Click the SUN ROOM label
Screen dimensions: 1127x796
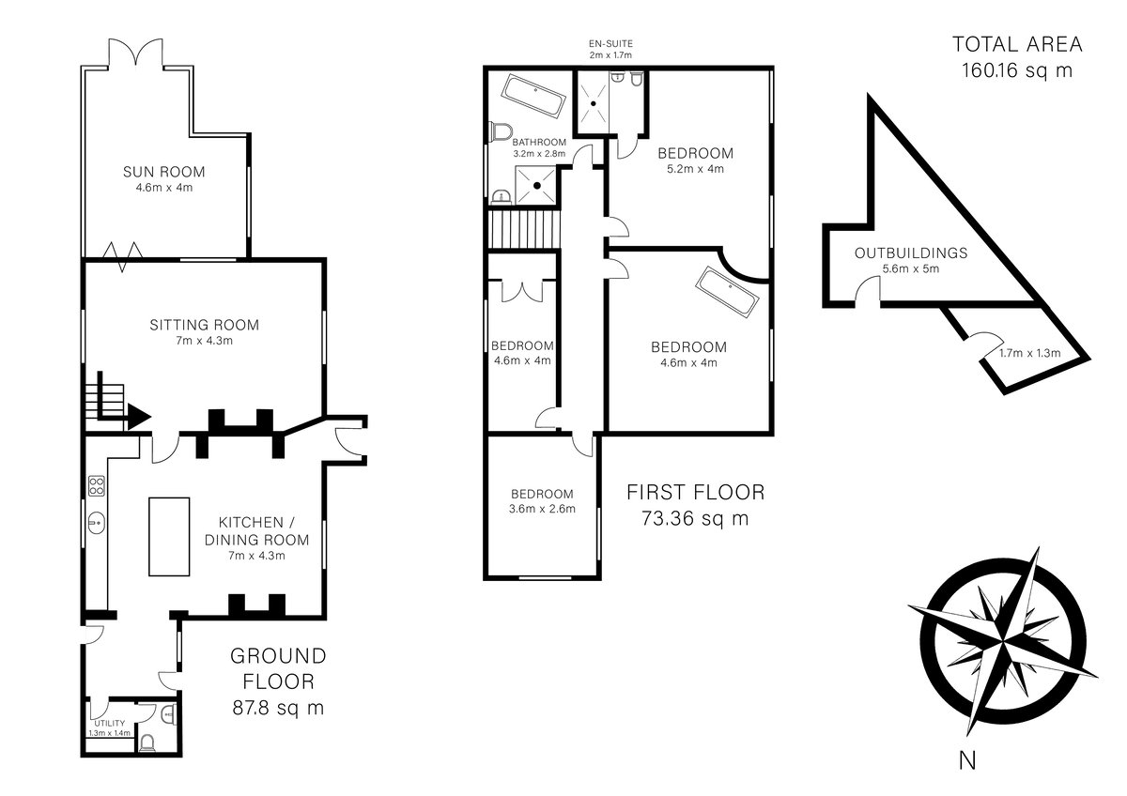tap(164, 172)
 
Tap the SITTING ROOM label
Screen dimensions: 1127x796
tap(205, 325)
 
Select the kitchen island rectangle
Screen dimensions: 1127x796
tap(169, 537)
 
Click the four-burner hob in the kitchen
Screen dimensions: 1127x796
tap(97, 485)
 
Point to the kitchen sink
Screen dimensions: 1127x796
tap(96, 523)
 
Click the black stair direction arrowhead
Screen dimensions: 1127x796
tap(139, 417)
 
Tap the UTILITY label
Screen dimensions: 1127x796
tap(110, 723)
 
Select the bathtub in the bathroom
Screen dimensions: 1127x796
tap(533, 97)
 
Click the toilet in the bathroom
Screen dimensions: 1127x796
tap(502, 131)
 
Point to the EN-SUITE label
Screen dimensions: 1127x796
tap(610, 44)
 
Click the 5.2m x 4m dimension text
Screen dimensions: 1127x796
tap(695, 169)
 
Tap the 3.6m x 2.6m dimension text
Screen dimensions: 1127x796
tap(542, 509)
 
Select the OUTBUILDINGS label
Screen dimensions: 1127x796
tap(911, 253)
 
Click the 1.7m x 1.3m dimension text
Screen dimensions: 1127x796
tap(1030, 353)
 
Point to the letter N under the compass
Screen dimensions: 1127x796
tap(967, 761)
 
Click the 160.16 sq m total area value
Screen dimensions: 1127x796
tap(1017, 70)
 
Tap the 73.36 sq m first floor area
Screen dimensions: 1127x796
tap(695, 518)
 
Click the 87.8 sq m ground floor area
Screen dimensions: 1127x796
tap(278, 708)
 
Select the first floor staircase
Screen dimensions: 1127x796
tap(524, 229)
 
